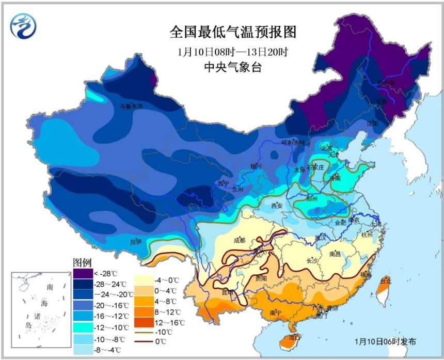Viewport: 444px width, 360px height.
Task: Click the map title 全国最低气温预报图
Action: click(x=233, y=33)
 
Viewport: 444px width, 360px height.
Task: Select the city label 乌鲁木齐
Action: click(x=131, y=106)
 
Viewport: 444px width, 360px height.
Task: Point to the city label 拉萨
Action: click(x=136, y=241)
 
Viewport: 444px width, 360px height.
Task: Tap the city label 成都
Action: click(x=239, y=240)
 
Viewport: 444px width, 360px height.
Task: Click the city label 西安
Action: click(x=277, y=206)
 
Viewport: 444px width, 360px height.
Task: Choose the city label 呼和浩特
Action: click(x=293, y=143)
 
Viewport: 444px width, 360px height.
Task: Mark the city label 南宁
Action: click(x=275, y=312)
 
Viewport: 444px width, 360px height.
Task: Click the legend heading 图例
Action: click(x=82, y=262)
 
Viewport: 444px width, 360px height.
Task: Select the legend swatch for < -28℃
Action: click(x=82, y=273)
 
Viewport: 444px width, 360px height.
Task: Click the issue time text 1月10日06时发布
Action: click(x=385, y=342)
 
